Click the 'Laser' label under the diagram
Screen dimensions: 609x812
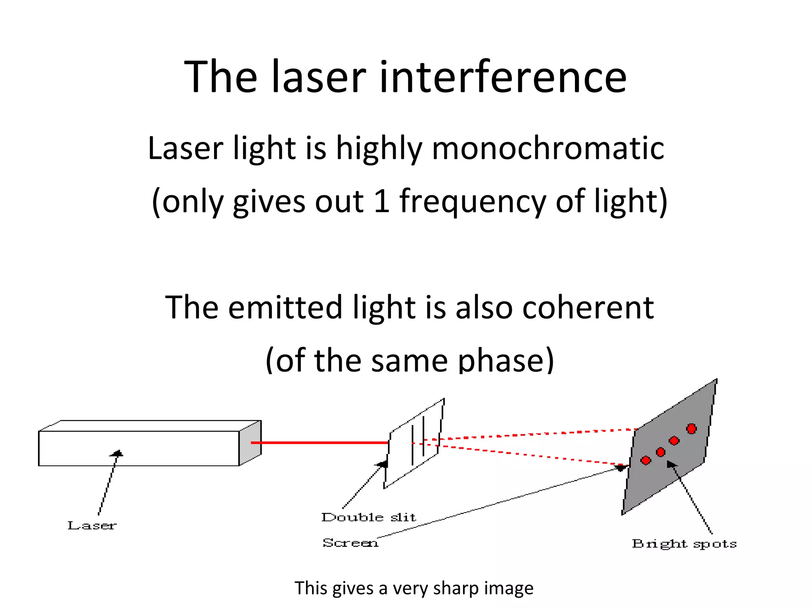pos(92,526)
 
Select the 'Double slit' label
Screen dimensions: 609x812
pos(369,517)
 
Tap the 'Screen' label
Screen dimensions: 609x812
pos(350,543)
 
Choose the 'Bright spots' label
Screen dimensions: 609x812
pos(684,544)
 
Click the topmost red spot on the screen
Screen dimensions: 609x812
pos(691,429)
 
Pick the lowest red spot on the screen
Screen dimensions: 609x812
pos(646,460)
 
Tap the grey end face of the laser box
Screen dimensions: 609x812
pos(250,443)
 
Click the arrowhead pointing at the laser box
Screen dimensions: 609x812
pos(117,453)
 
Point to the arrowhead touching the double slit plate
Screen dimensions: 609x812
pos(383,464)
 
